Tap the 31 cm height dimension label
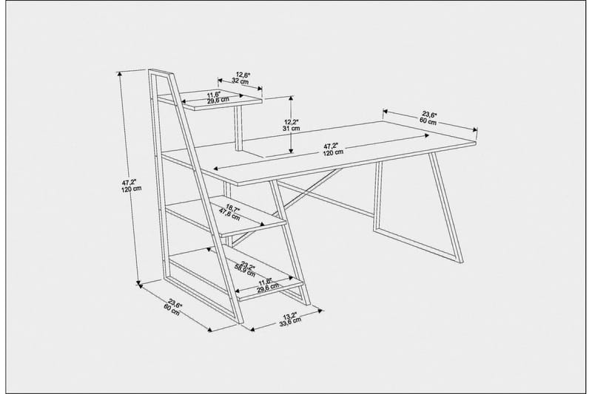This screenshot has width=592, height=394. click(x=292, y=129)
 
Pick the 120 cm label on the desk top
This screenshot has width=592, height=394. click(x=332, y=152)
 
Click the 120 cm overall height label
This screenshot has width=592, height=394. click(x=131, y=188)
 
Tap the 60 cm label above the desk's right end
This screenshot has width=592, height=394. click(x=428, y=120)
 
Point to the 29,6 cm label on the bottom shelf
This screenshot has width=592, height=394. click(x=268, y=288)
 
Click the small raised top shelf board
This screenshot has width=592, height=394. click(x=222, y=98)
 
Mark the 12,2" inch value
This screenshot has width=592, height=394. click(x=292, y=121)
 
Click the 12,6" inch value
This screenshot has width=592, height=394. click(x=243, y=75)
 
